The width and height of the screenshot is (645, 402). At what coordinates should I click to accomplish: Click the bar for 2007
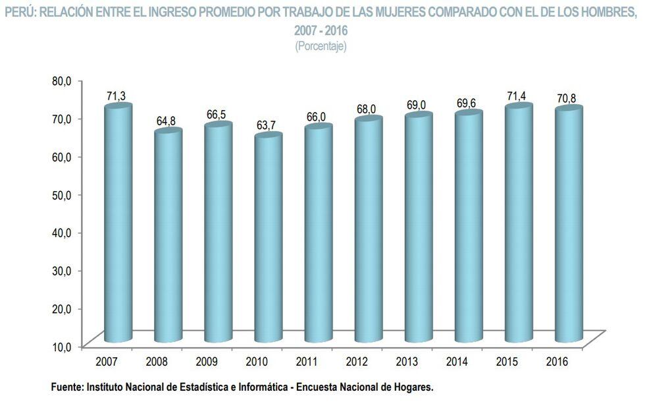(x=118, y=224)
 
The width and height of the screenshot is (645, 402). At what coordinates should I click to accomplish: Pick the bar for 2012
(x=368, y=231)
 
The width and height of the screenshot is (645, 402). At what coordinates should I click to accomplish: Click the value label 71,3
(x=116, y=97)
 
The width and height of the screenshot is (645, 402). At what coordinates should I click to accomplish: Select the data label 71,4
(x=517, y=96)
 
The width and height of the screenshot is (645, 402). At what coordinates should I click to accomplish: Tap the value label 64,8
(x=167, y=122)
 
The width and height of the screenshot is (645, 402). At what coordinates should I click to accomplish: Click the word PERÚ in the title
(x=20, y=11)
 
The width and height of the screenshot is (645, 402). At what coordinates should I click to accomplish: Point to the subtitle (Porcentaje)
(x=321, y=46)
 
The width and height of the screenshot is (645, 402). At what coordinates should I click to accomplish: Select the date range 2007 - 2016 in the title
(x=321, y=30)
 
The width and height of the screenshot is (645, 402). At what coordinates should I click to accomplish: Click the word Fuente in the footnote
(x=67, y=388)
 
